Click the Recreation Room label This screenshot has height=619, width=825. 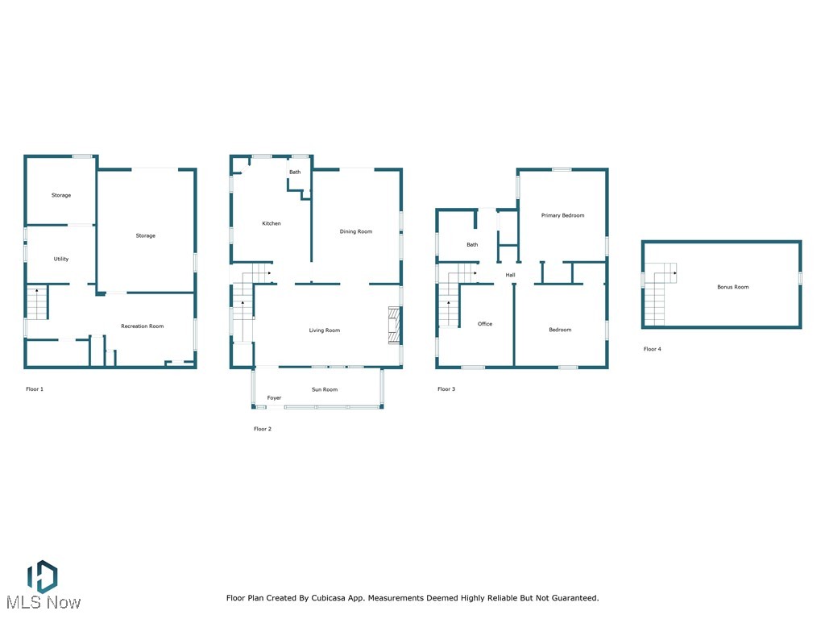[x=142, y=326]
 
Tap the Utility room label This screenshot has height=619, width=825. [x=61, y=260]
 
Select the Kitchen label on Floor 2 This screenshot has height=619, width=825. [x=272, y=223]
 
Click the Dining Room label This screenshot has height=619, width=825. [x=356, y=232]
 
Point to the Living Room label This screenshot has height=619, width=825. [x=325, y=330]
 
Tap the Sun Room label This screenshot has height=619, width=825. [x=325, y=390]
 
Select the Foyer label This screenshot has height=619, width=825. [x=274, y=398]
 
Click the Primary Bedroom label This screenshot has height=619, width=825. [x=562, y=216]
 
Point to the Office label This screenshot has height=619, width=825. [x=484, y=324]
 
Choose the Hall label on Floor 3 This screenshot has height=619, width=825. [x=510, y=276]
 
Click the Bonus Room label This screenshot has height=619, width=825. [x=733, y=287]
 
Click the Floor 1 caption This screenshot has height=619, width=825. [x=35, y=389]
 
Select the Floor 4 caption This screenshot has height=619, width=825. [x=652, y=349]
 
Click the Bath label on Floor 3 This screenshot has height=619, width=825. [x=472, y=245]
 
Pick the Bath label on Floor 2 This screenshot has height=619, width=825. [x=295, y=172]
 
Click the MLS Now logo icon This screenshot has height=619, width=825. [x=42, y=576]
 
